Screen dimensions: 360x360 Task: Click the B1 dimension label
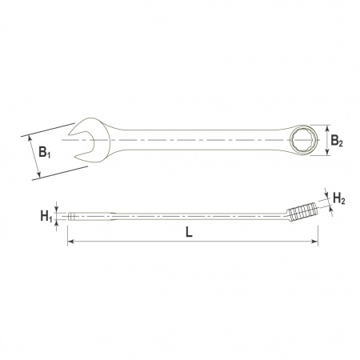tap(44, 152)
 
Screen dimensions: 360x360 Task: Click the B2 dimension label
tap(337, 141)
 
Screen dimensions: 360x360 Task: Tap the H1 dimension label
tap(46, 216)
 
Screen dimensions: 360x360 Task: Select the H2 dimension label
tap(339, 198)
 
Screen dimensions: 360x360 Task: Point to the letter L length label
tap(189, 232)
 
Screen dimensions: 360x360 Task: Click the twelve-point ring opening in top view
tap(304, 140)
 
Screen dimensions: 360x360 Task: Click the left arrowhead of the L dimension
tap(70, 242)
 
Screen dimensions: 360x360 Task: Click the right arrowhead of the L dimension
tap(315, 242)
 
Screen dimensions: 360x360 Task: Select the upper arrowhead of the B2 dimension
tap(328, 128)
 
